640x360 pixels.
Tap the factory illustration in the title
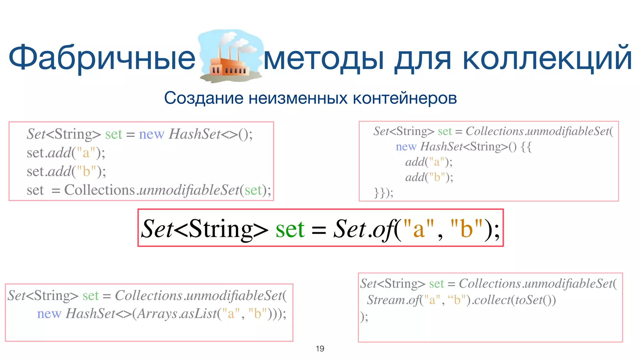tap(231, 56)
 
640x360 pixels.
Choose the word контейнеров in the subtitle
tap(405, 98)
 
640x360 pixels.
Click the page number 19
tap(320, 348)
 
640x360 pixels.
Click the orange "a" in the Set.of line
tap(419, 229)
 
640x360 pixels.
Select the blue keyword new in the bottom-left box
tap(49, 314)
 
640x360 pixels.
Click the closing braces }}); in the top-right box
tap(383, 192)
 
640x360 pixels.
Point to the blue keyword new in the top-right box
tap(406, 147)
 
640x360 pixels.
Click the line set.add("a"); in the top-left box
tap(66, 153)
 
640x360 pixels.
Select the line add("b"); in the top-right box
tap(429, 177)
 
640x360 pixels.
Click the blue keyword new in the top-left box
tap(151, 134)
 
